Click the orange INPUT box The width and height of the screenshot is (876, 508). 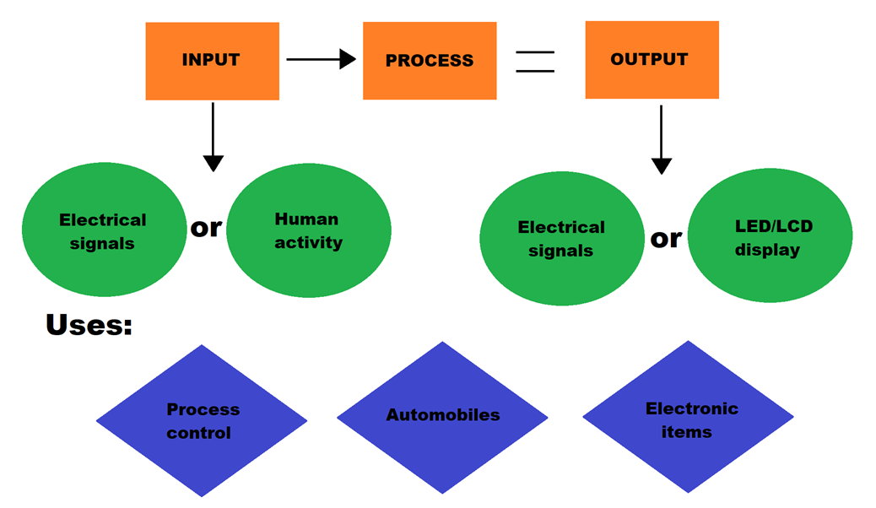212,61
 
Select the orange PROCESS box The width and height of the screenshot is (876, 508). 430,61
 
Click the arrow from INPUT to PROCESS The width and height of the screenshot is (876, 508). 320,59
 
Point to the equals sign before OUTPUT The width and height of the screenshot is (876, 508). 535,62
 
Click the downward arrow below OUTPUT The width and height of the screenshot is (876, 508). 662,139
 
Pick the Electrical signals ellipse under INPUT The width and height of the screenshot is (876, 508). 103,230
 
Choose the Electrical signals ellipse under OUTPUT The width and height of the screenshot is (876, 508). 561,239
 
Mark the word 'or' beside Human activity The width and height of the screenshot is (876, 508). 206,227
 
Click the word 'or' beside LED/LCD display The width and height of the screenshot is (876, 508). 666,239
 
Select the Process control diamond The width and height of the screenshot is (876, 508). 202,420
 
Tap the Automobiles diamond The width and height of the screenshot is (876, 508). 442,415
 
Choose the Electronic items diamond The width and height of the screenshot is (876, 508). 689,419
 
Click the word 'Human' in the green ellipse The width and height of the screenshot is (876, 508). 306,219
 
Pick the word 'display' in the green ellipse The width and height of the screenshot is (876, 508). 767,250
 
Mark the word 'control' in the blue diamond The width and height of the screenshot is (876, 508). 198,433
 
